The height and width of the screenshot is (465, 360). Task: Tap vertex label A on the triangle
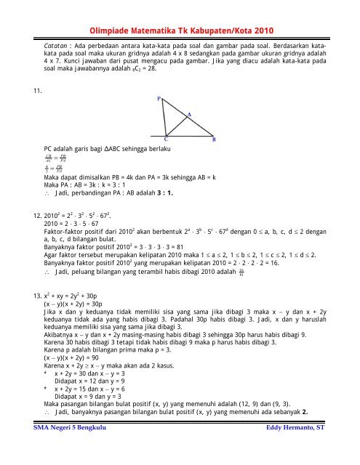tap(189, 115)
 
